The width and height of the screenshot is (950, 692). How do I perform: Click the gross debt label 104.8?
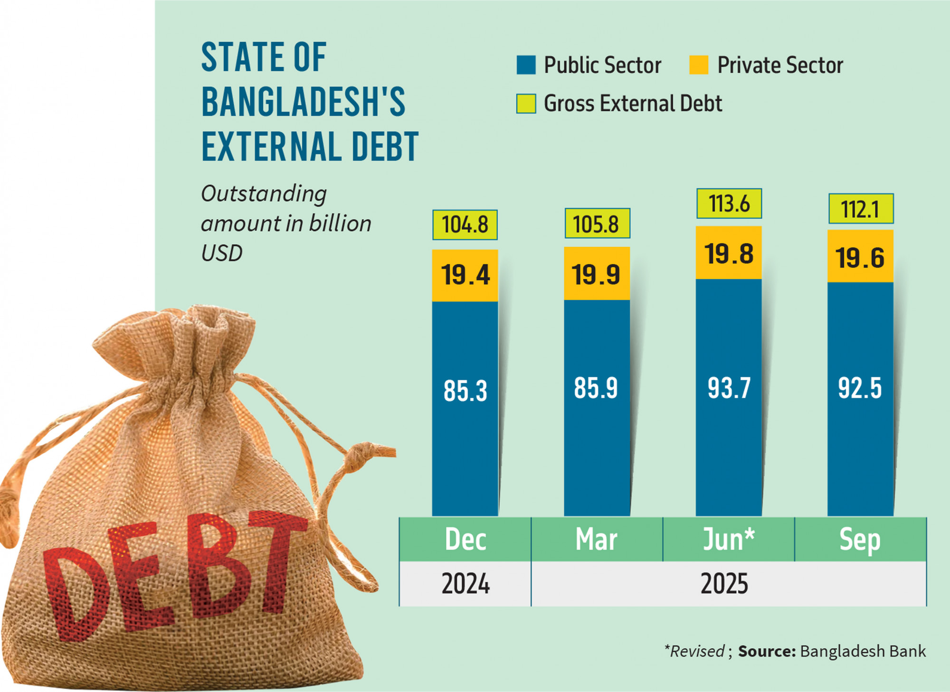465,224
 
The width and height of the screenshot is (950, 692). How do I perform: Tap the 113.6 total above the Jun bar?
729,204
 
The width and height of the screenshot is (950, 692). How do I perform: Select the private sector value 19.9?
596,274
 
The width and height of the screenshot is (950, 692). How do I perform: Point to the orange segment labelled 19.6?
860,258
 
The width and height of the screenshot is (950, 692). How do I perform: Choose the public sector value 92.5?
860,388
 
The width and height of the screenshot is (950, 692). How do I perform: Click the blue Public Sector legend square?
526,65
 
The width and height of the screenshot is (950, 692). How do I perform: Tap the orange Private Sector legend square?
699,65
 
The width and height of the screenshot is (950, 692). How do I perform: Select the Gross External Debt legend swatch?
526,103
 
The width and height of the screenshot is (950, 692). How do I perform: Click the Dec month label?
465,540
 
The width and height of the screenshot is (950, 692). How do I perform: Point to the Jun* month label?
729,540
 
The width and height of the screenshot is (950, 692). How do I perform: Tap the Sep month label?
860,540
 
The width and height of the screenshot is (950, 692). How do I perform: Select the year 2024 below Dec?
465,584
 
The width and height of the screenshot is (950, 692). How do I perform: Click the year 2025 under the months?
724,584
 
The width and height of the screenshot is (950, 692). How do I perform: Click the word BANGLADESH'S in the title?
303,102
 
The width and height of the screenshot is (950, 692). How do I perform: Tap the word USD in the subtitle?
222,253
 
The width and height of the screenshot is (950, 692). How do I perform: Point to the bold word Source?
767,651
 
